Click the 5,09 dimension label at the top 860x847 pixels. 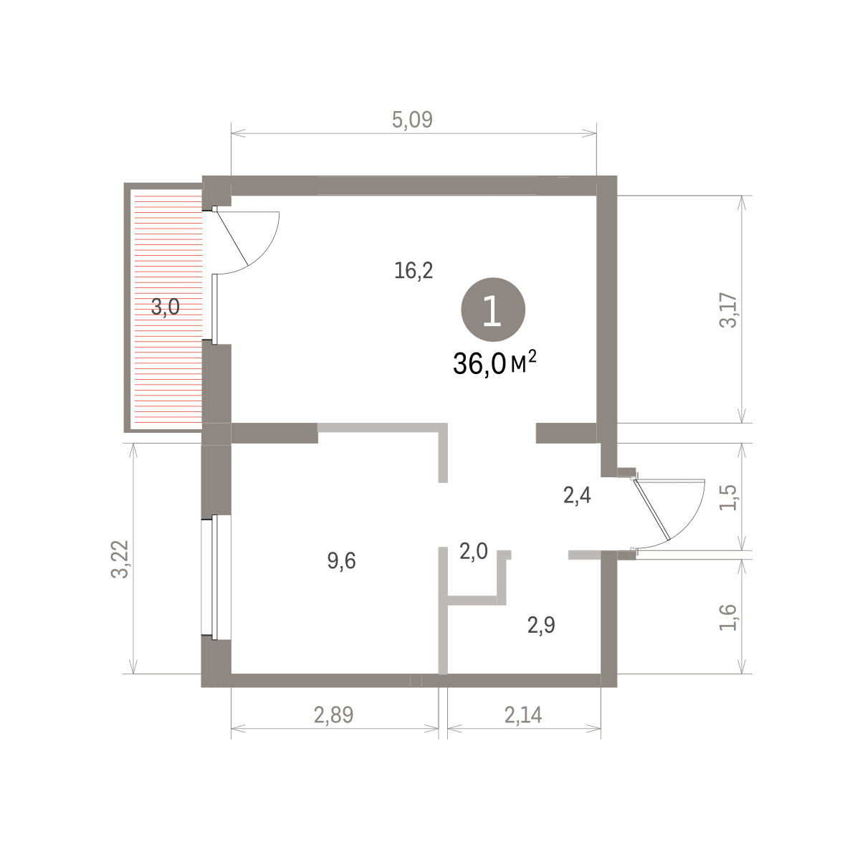[x=412, y=120]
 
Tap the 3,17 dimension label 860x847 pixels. [x=729, y=310]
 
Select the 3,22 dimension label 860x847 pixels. [x=120, y=559]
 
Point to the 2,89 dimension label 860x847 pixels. [x=333, y=715]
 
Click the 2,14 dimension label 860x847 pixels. [x=523, y=715]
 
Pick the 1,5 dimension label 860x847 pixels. [x=729, y=497]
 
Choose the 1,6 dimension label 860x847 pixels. [x=728, y=617]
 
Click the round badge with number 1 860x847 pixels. [x=492, y=310]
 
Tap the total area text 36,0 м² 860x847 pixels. [x=494, y=363]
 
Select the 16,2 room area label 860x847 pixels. [x=414, y=270]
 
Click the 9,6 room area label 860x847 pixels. [x=341, y=561]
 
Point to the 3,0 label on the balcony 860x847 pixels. [x=165, y=307]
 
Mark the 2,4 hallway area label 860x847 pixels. [x=577, y=495]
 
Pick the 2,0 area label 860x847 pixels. [x=474, y=552]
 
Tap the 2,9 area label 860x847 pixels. [x=541, y=625]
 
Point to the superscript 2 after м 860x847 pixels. [x=532, y=355]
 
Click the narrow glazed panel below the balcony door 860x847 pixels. [x=215, y=309]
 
